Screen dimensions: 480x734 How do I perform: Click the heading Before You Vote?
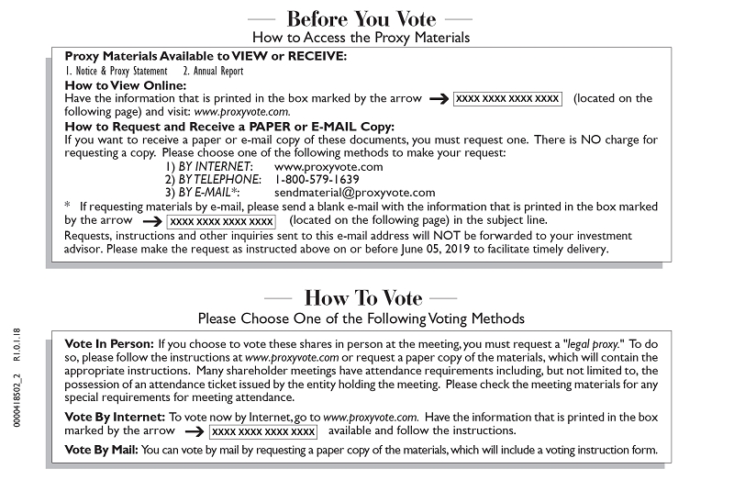coord(361,17)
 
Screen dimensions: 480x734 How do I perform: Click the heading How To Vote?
coord(362,298)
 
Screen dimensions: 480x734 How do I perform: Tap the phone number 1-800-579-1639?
coord(317,180)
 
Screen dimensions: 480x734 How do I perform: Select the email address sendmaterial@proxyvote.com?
coord(354,193)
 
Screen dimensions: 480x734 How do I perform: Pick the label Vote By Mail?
coord(102,450)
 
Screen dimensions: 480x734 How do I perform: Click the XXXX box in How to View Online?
coord(507,98)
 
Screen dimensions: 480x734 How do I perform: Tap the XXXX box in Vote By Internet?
coord(263,430)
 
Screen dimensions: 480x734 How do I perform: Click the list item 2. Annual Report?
coord(215,71)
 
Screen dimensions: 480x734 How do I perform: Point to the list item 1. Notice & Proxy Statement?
coord(117,71)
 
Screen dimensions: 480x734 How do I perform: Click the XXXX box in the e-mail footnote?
coord(221,221)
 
